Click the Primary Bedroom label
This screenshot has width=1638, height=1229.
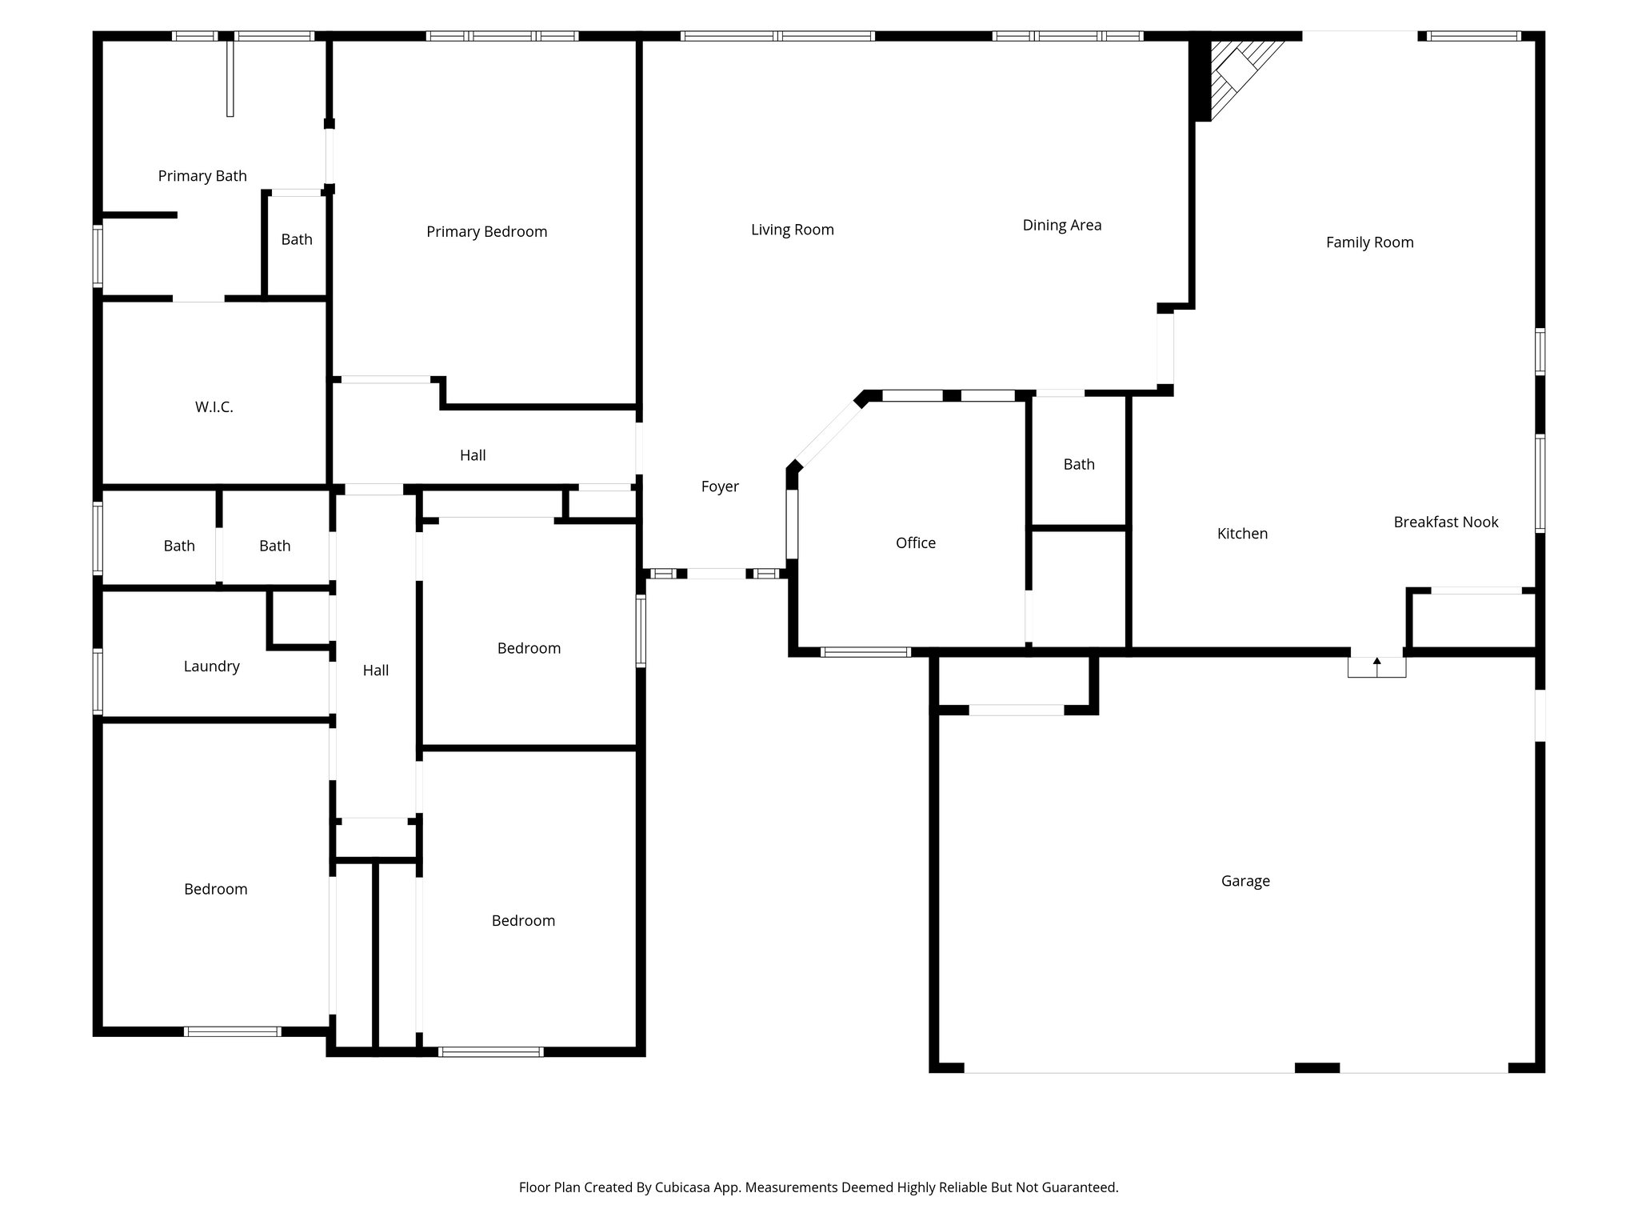(x=486, y=232)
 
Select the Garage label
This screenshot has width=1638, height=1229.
(x=1245, y=881)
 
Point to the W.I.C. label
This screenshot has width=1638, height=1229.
(x=214, y=407)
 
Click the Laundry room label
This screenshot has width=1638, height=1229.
(x=211, y=667)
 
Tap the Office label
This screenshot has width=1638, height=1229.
(x=915, y=543)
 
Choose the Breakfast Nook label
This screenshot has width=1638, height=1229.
(x=1445, y=522)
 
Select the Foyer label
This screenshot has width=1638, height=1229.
(x=720, y=486)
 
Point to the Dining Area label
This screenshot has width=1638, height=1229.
(x=1061, y=226)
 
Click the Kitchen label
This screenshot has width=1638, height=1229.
(x=1242, y=534)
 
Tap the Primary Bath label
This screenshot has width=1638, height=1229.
(x=202, y=176)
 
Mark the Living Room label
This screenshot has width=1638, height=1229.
(x=792, y=230)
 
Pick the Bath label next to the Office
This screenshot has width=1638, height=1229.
(x=1079, y=464)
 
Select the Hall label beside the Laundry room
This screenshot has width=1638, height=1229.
(x=375, y=671)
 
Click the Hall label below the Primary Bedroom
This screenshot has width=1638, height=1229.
(x=473, y=455)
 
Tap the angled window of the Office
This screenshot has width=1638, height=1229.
(x=829, y=436)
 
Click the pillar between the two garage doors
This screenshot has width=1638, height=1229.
(x=1316, y=1067)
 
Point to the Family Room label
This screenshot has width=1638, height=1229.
(x=1369, y=242)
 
